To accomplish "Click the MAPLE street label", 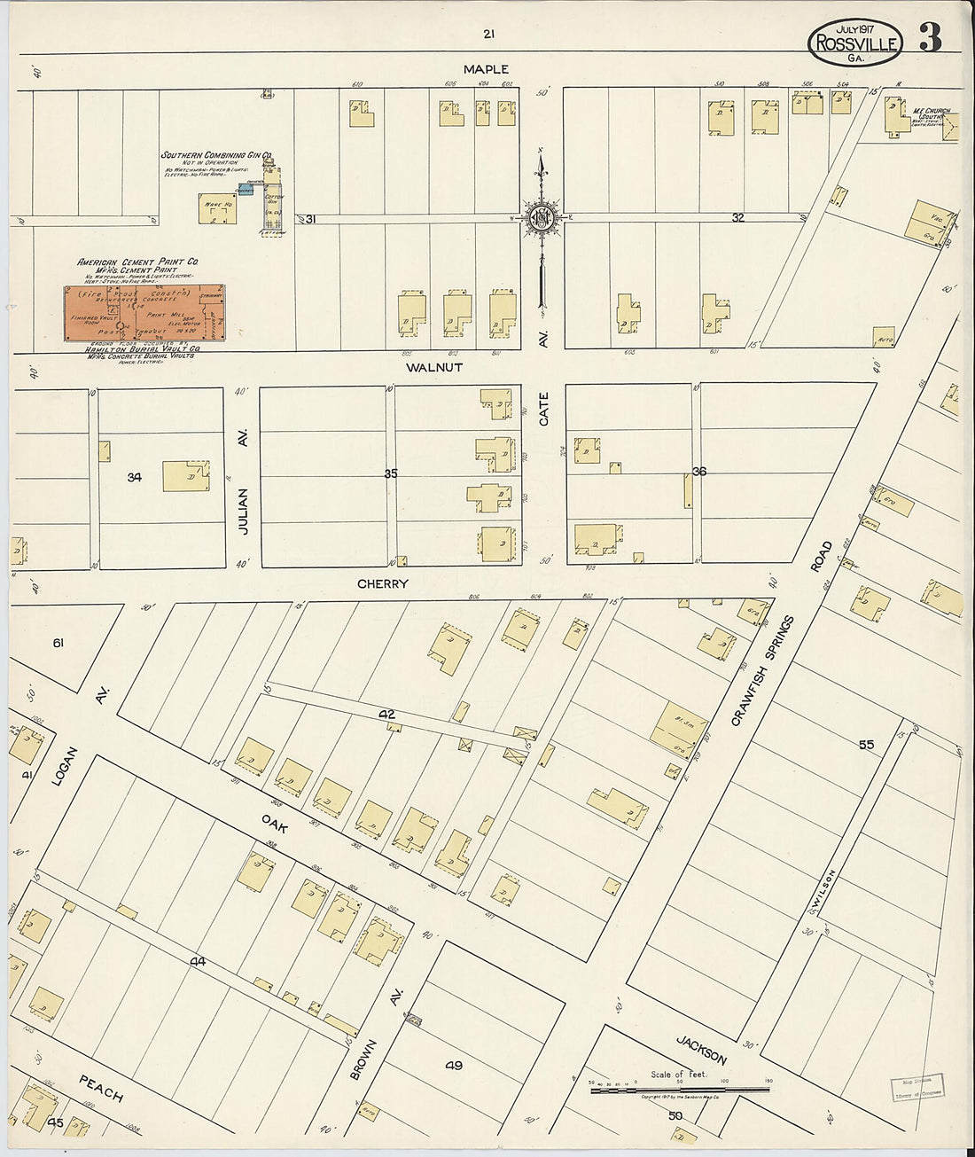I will tap(486, 69).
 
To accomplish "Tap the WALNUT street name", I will tap(434, 366).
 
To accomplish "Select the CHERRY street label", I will tap(383, 583).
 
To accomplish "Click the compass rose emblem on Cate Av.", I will tap(541, 218).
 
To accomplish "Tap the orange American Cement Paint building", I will tap(144, 313).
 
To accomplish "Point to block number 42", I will tap(386, 714).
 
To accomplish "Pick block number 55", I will tap(865, 744).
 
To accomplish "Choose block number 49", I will tap(454, 1065).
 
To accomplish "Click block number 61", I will tap(58, 642).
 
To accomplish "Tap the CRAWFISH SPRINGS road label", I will tap(762, 671).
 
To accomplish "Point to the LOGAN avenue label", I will tap(66, 767).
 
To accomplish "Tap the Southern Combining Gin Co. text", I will tap(215, 155).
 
